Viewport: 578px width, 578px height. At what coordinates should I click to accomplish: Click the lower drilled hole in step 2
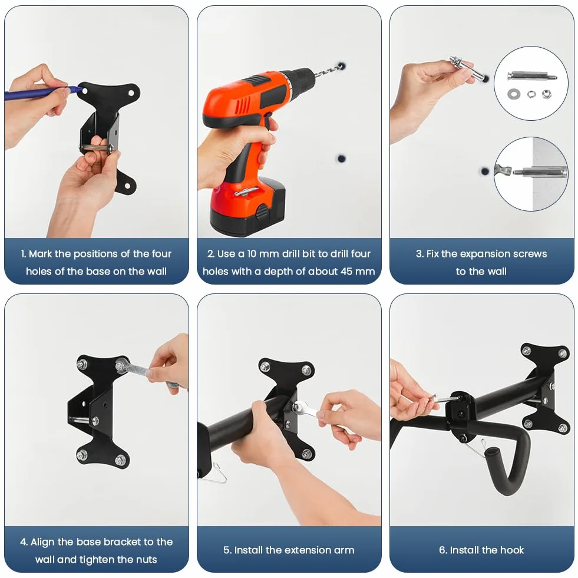point(342,158)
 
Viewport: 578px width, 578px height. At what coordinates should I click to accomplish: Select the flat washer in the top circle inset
point(513,94)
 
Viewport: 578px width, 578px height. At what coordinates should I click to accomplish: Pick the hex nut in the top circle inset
point(546,94)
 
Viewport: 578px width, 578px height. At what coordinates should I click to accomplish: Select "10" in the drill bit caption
point(252,253)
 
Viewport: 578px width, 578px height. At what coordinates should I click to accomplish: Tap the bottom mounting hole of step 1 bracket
point(127,186)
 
